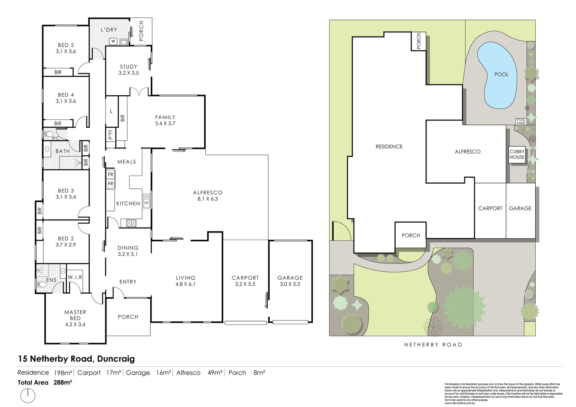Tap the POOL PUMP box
[x=521, y=121]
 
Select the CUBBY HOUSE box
[x=516, y=155]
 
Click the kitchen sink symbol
[x=147, y=200]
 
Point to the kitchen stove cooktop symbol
[x=131, y=223]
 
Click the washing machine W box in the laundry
[x=113, y=41]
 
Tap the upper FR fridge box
[x=110, y=174]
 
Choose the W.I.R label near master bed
[x=75, y=277]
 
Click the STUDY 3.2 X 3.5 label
[x=128, y=70]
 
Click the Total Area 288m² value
[x=63, y=382]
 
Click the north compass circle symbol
[x=28, y=396]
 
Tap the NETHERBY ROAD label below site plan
[x=433, y=344]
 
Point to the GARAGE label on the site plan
[x=520, y=208]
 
